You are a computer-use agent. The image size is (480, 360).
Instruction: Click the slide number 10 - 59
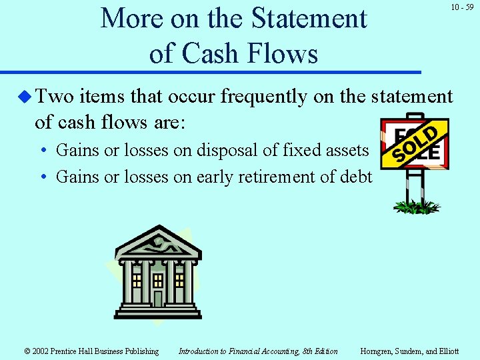point(461,7)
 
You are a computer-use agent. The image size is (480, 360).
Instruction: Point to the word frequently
point(263,97)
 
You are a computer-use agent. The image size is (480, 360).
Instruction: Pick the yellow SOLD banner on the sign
point(414,143)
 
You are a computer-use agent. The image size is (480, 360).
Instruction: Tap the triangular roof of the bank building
point(158,243)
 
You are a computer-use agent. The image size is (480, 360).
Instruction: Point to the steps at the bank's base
point(158,312)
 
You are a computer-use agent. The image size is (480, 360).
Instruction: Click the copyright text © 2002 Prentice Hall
point(91,351)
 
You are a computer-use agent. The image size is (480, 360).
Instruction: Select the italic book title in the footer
point(258,351)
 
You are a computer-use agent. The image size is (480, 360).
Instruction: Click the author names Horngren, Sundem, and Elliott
point(409,351)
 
